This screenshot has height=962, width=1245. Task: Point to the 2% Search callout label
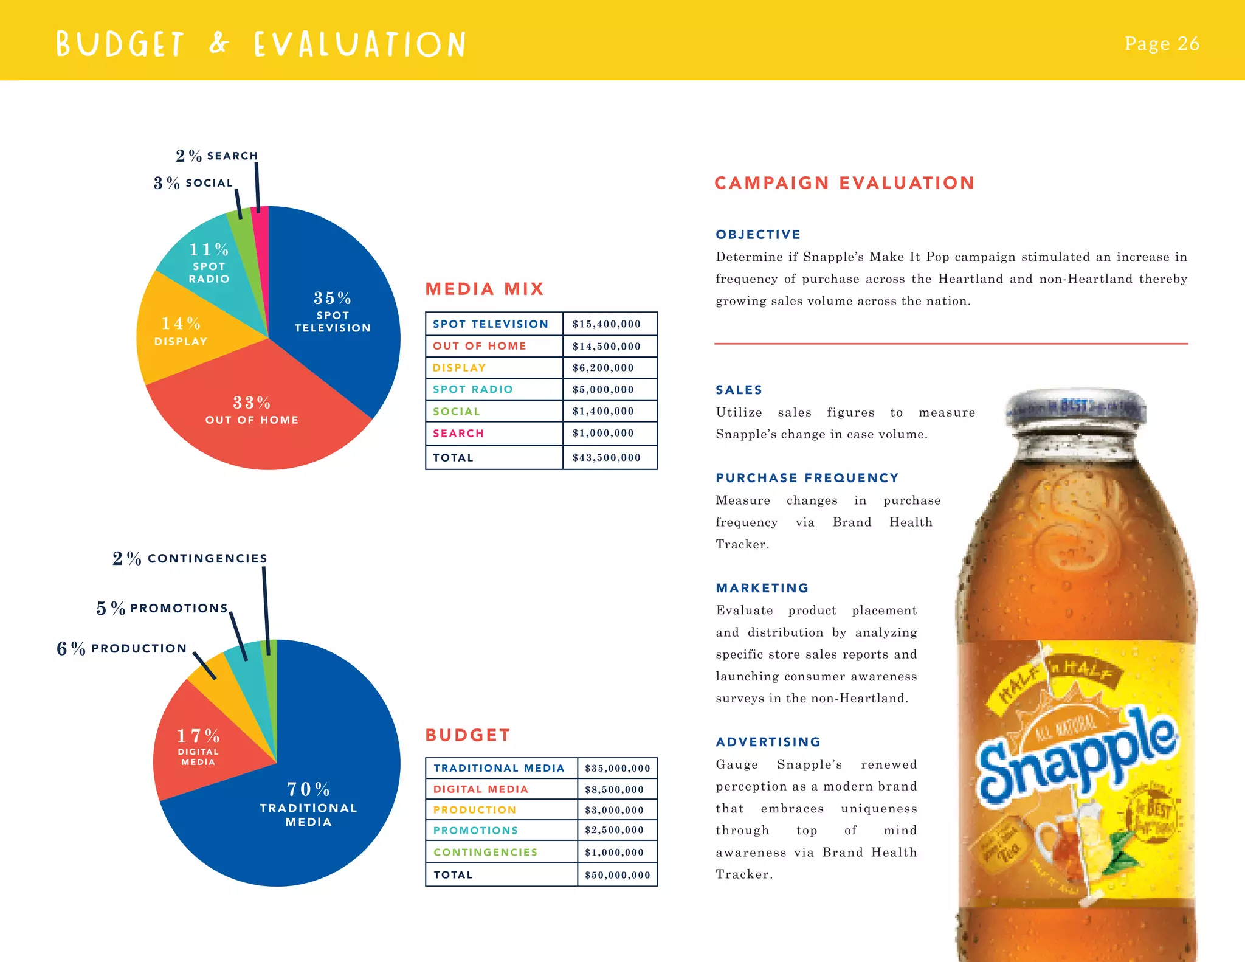coord(217,156)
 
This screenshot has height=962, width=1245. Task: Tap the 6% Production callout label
coord(122,648)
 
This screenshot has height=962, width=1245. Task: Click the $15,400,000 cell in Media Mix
coord(607,324)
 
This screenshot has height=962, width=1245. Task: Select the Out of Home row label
coord(480,346)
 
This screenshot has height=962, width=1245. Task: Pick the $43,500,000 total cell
coord(607,457)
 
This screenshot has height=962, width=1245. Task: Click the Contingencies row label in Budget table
coord(486,852)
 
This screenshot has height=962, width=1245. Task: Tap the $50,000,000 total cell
coord(617,875)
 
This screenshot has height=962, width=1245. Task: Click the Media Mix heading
coord(484,289)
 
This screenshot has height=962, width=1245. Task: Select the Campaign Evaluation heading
coord(844,183)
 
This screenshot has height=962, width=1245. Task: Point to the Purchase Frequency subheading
coord(807,478)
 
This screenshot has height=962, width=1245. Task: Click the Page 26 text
coord(1162,44)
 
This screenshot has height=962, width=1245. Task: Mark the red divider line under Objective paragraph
coord(951,344)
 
